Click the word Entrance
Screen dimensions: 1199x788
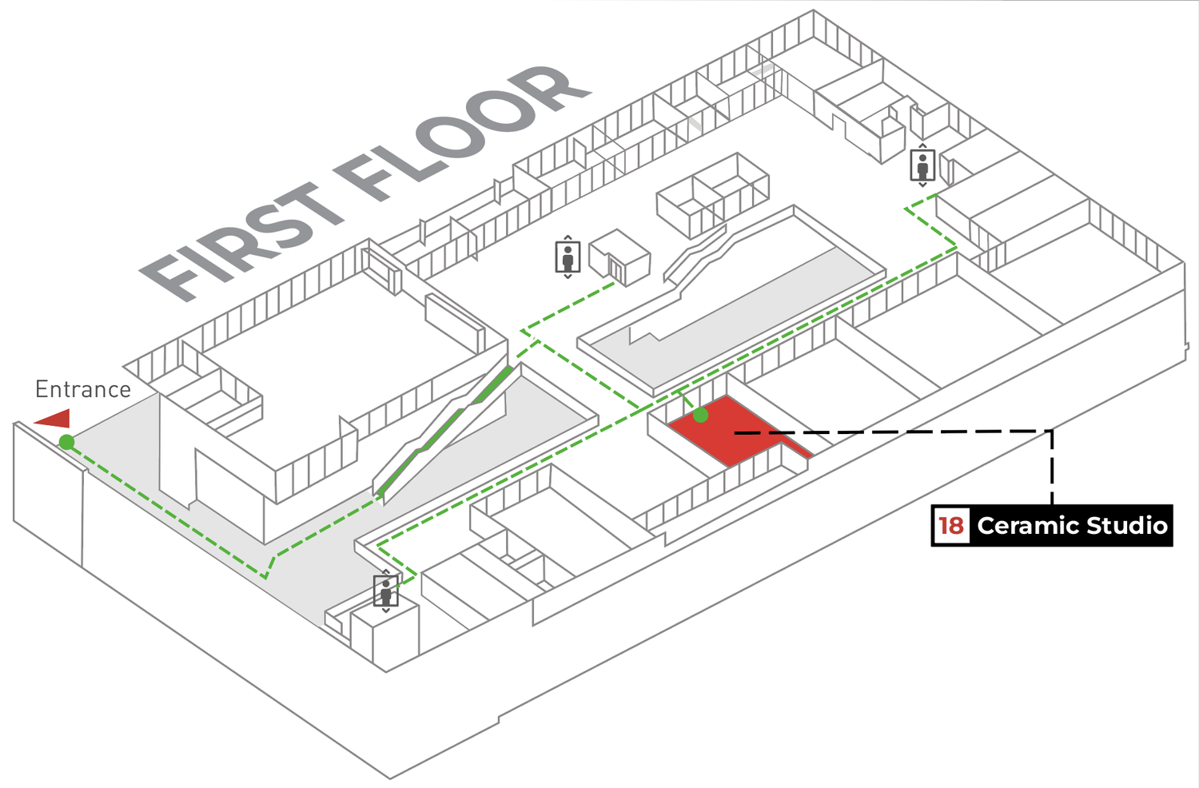(83, 389)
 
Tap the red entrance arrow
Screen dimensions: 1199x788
(54, 419)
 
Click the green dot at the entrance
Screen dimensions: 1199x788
(66, 442)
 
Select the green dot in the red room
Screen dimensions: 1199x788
(700, 415)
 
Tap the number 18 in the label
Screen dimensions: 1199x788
(951, 526)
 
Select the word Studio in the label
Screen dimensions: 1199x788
(1127, 526)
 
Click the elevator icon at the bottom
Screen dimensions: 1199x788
(386, 591)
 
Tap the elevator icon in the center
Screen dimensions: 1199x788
(568, 257)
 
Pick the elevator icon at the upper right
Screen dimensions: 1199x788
(922, 165)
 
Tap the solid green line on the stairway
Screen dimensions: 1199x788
(444, 430)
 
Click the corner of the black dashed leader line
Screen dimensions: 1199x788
(1053, 431)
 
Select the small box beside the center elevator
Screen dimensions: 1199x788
(619, 258)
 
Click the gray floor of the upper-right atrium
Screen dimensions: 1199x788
(750, 316)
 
